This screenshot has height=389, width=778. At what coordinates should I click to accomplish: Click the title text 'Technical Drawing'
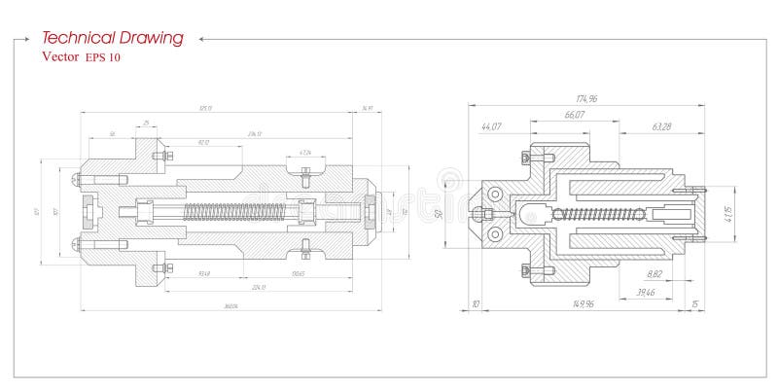[x=112, y=38]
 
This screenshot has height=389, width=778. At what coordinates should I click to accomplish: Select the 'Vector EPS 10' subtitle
[x=82, y=57]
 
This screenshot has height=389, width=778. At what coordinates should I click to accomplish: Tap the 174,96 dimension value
[x=585, y=98]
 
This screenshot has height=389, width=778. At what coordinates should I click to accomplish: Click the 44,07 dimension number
[x=491, y=126]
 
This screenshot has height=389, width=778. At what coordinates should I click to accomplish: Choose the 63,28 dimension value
[x=662, y=126]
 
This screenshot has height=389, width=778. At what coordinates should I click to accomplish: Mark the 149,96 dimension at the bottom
[x=583, y=304]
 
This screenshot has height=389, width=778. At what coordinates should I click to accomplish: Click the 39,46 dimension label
[x=645, y=291]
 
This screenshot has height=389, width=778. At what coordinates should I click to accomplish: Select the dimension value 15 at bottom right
[x=694, y=304]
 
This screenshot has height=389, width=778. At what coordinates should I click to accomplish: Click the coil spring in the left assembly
[x=224, y=210]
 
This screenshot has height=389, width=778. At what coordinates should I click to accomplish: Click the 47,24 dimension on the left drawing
[x=305, y=153]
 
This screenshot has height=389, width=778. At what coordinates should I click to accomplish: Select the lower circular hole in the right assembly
[x=493, y=233]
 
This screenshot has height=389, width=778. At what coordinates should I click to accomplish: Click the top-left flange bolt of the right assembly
[x=526, y=157]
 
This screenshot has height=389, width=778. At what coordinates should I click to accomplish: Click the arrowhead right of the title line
[x=201, y=39]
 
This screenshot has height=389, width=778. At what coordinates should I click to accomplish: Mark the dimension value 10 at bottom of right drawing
[x=476, y=304]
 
